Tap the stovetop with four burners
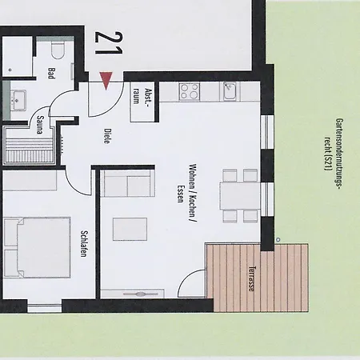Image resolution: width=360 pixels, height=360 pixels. [190, 90]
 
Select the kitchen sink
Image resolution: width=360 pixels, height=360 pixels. [230, 90]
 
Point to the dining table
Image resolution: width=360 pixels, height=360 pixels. [238, 194]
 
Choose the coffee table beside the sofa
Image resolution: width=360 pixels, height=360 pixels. [130, 229]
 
